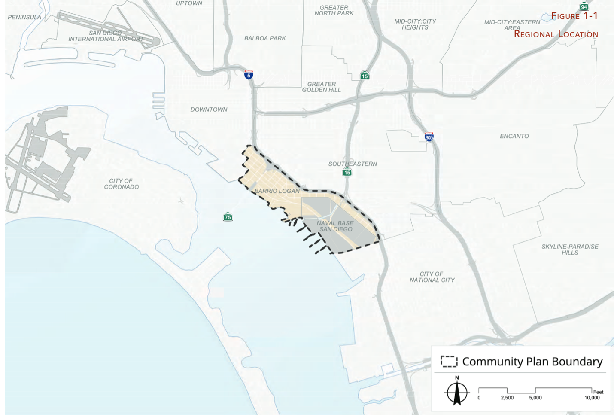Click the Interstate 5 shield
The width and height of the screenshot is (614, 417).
[249, 75]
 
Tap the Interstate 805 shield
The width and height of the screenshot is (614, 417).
[429, 137]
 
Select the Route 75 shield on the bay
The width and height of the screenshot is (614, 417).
[228, 217]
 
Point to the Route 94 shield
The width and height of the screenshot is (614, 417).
[584, 6]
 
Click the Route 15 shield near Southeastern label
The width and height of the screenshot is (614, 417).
[347, 172]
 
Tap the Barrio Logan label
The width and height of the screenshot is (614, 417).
[277, 191]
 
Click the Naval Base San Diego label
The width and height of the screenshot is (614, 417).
[335, 226]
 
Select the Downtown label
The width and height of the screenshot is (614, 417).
[209, 110]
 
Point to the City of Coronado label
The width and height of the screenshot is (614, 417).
[122, 184]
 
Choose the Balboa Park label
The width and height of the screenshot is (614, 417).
[265, 38]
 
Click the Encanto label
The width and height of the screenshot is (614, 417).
[514, 136]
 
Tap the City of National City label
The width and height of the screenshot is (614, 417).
[432, 277]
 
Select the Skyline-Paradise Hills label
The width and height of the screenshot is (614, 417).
[570, 250]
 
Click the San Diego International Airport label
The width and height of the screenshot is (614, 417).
[106, 36]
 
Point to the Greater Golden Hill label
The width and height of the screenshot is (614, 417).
[321, 87]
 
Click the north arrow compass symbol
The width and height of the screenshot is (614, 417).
[457, 392]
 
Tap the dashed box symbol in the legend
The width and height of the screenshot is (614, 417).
[449, 362]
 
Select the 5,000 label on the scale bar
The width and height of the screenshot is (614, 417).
[535, 398]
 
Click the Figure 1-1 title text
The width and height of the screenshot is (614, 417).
[574, 16]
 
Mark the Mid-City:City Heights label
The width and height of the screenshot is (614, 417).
[415, 24]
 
